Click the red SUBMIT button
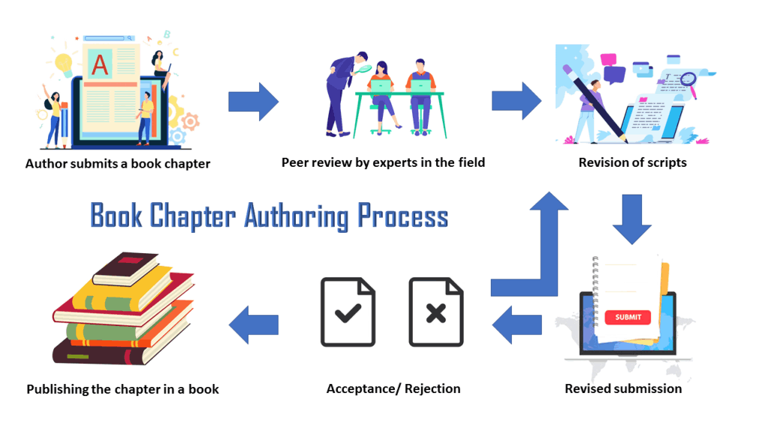pyautogui.click(x=628, y=317)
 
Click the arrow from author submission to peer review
pyautogui.click(x=253, y=101)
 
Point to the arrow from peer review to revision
pyautogui.click(x=517, y=101)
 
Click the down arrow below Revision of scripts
pyautogui.click(x=631, y=219)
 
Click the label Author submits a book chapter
pyautogui.click(x=118, y=163)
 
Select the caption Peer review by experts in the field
pyautogui.click(x=383, y=162)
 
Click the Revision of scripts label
pyautogui.click(x=632, y=162)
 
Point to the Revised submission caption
pyautogui.click(x=623, y=388)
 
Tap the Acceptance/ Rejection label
pyautogui.click(x=393, y=388)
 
